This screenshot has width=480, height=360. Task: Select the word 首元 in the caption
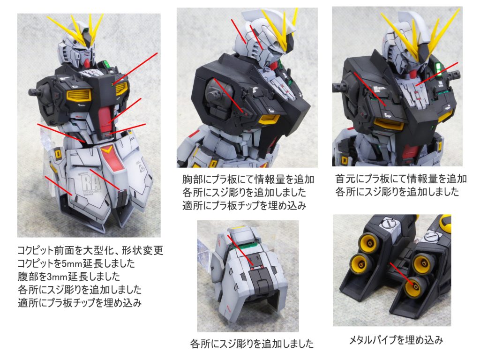(x=343, y=179)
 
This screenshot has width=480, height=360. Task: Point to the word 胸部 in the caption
(x=190, y=180)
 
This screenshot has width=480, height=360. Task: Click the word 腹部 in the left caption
(x=25, y=277)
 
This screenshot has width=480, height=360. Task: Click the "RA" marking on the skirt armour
(x=91, y=183)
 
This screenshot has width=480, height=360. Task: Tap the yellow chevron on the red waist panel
(x=107, y=150)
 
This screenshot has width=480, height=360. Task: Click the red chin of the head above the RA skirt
(x=87, y=63)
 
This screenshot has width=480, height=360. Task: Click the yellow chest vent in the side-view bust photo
(x=269, y=120)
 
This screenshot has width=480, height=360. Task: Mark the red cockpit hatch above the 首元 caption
(x=410, y=153)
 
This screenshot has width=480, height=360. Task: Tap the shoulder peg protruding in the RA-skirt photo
(x=34, y=91)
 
